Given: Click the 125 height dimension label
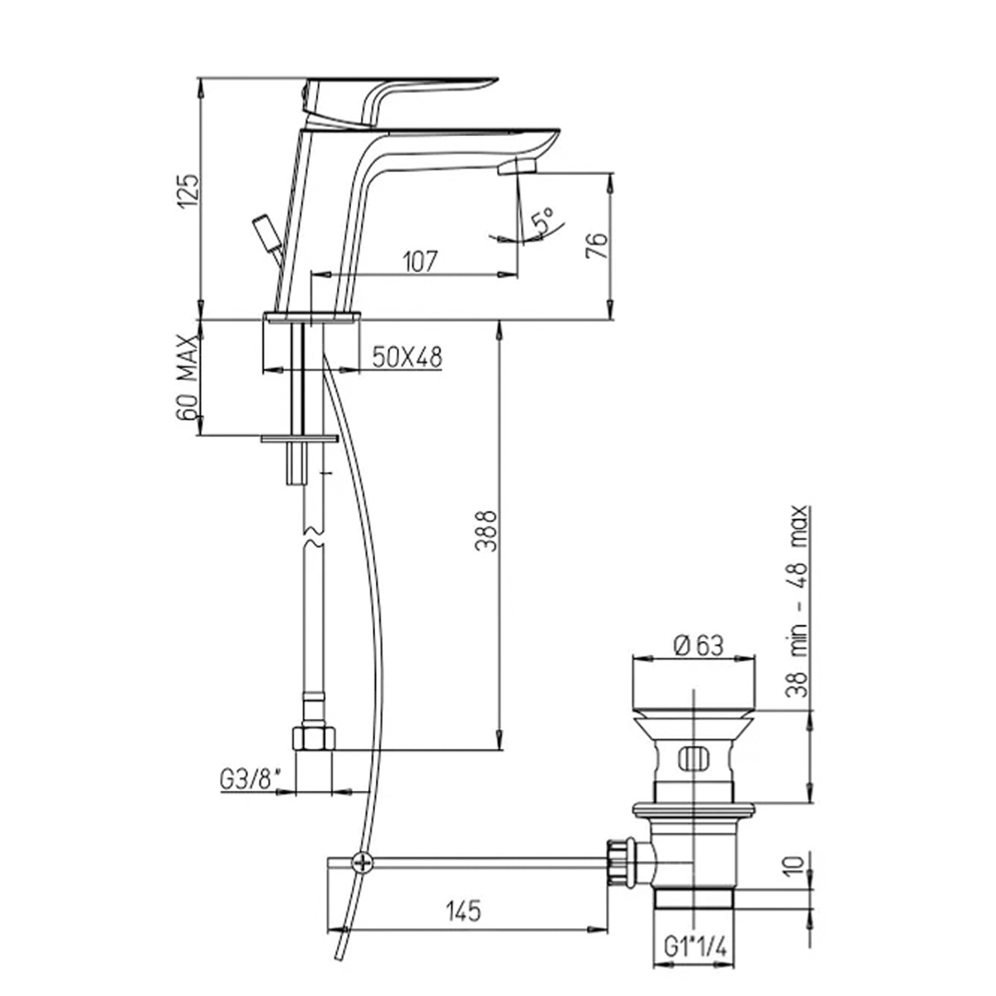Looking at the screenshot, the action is [187, 191].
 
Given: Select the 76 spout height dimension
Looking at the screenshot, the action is [596, 245].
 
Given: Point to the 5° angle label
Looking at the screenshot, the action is [544, 220].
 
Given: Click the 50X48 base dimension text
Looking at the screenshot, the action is [408, 357].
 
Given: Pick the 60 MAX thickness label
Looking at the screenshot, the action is [187, 378].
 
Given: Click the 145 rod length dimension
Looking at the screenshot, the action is [463, 911].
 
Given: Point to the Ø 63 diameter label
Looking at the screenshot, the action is [698, 646].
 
